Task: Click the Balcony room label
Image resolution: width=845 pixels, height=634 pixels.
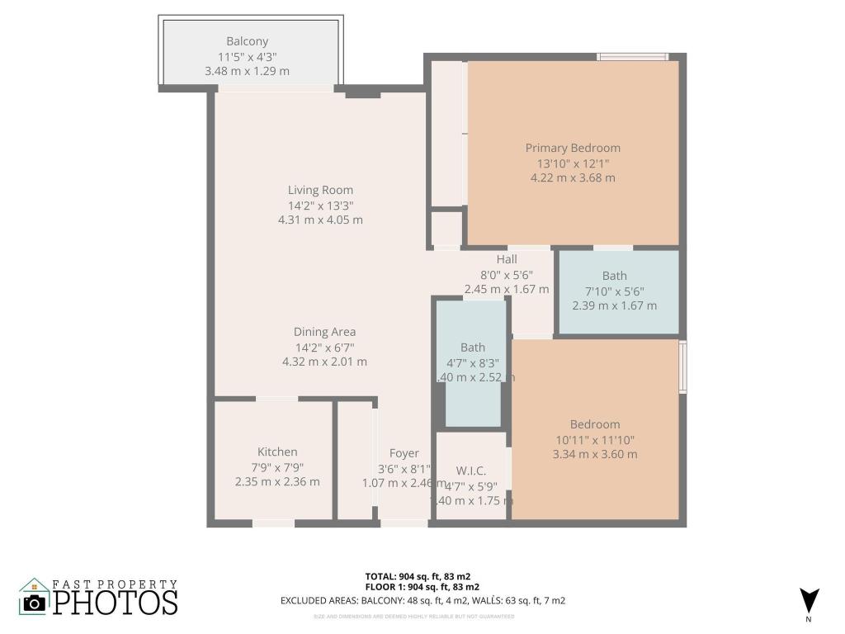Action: coord(248,41)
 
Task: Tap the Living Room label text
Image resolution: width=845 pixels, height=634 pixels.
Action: coord(320,191)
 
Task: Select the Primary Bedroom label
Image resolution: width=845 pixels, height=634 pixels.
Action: coord(573,148)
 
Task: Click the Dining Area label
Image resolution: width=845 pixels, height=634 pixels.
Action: coord(325,332)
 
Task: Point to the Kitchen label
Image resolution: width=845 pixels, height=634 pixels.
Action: coord(277,452)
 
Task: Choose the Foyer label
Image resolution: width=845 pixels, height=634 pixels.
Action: coord(404,453)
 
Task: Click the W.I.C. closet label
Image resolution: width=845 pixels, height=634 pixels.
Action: coord(470,471)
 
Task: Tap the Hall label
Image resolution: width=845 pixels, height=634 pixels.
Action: coord(507,259)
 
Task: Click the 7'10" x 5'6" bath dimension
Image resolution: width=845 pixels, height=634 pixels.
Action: coord(614,291)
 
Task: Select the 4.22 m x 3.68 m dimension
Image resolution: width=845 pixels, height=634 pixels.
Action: coord(573,177)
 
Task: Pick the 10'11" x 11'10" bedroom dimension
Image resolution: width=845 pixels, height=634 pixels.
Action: coord(594,439)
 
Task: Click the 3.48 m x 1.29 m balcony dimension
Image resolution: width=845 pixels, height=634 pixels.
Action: coord(247,71)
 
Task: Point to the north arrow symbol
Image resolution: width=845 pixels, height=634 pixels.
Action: coord(809,600)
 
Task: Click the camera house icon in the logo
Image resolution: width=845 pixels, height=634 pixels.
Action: coord(34,597)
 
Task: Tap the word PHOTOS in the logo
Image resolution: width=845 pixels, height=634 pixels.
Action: coord(116,602)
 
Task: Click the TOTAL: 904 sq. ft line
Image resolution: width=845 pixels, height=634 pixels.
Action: coord(418,576)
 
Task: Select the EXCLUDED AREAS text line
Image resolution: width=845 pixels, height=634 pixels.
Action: coord(422,601)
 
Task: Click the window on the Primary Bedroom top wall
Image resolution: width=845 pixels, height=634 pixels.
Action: coord(633,57)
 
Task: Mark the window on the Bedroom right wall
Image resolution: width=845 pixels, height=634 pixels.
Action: coord(682,367)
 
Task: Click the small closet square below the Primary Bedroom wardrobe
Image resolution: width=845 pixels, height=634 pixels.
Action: coord(447,229)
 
